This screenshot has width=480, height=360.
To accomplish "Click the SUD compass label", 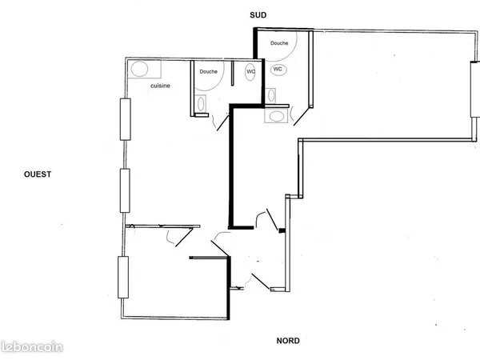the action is (258, 15).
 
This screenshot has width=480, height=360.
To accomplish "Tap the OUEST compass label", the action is (38, 174).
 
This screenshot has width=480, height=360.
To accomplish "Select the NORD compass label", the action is (288, 341).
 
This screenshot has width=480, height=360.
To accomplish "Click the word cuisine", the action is (161, 86).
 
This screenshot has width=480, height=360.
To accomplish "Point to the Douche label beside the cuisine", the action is (209, 71).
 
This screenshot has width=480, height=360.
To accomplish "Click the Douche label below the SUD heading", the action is (279, 43).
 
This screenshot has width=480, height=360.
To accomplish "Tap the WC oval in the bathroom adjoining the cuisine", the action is (250, 72).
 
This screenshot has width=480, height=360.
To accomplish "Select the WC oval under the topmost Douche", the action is (278, 69).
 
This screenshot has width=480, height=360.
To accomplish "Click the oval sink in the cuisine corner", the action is (139, 69).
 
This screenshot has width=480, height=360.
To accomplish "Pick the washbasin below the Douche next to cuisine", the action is (201, 104).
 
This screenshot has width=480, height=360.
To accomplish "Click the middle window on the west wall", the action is (125, 190).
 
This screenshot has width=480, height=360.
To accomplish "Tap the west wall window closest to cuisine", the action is (126, 119).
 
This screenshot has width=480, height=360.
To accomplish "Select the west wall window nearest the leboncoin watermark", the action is (123, 277).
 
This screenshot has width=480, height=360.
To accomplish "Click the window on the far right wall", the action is (474, 89).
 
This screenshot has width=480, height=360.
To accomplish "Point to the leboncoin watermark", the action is (32, 347).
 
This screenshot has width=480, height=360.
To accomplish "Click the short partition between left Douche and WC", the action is (232, 73).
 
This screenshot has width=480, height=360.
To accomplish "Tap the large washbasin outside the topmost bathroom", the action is (277, 116).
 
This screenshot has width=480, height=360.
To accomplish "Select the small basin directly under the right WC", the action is (271, 95).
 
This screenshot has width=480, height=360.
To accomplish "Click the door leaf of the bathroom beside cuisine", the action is (223, 122).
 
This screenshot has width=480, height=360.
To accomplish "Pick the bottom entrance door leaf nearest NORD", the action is (261, 282).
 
